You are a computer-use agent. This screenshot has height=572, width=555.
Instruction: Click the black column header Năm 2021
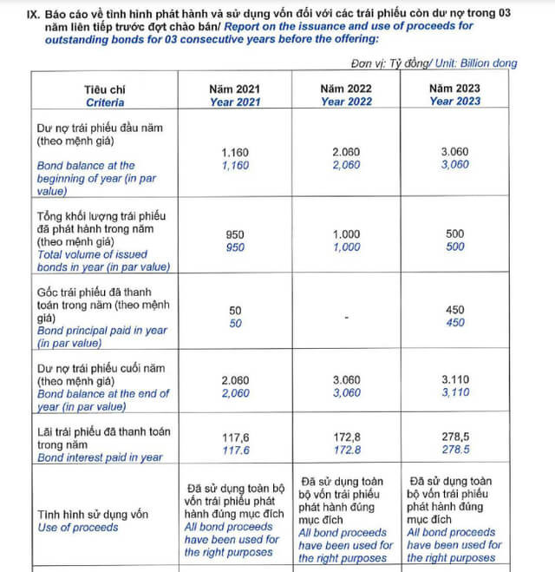[235, 89]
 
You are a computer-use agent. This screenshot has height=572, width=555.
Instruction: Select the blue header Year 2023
[454, 102]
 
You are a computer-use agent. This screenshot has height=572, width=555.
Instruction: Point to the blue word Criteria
[105, 102]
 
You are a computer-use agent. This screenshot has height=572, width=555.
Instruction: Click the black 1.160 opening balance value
[235, 152]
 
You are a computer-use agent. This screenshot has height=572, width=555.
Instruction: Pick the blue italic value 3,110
[454, 393]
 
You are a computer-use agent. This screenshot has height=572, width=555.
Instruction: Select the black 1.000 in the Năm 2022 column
[346, 234]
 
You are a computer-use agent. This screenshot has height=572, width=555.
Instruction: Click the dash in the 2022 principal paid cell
[346, 317]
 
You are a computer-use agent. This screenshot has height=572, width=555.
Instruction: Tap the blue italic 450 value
[454, 323]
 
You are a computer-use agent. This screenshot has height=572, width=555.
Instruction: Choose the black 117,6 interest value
[235, 437]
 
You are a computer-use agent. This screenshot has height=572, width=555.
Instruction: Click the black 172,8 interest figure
[346, 437]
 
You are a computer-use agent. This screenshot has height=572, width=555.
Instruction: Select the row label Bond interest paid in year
[100, 457]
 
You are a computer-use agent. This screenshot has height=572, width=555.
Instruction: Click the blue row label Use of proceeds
[78, 527]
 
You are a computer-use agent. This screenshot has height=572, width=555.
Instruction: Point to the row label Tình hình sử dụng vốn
[93, 514]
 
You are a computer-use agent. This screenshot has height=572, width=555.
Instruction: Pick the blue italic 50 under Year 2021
[235, 323]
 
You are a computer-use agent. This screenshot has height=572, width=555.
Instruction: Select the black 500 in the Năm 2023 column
[454, 234]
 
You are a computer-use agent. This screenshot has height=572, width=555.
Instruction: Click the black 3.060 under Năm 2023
[454, 152]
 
